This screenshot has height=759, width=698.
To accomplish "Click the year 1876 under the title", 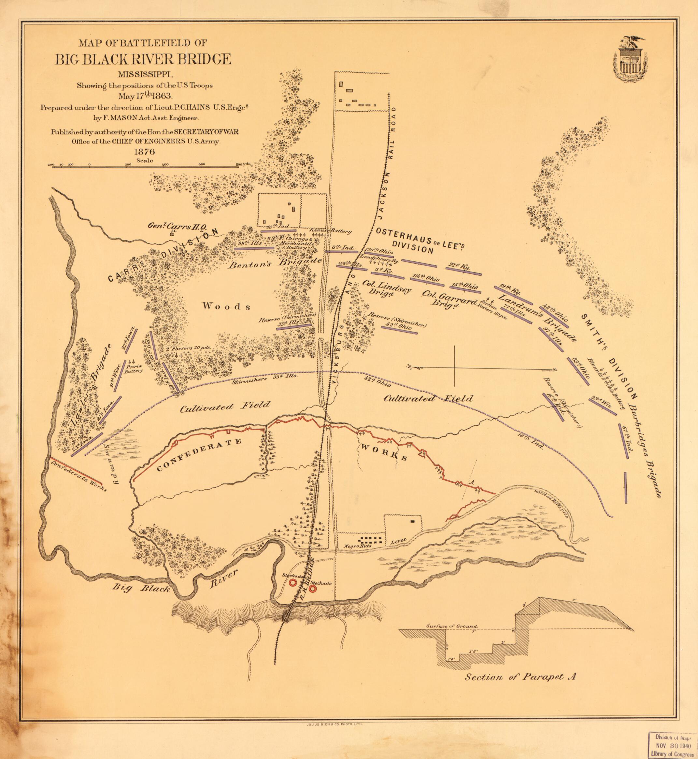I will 144,152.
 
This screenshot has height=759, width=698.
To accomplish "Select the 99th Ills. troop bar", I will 254,248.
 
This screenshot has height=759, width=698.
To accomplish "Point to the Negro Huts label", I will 357,546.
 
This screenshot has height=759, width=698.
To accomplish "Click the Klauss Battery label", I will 331,231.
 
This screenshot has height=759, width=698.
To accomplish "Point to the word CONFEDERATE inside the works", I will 199,454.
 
